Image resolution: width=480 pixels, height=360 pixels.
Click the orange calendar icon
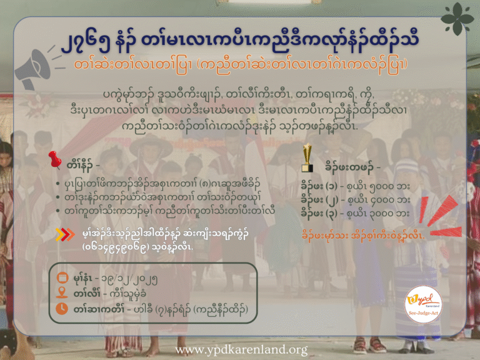(62, 277)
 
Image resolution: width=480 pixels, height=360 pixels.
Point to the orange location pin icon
(62, 292)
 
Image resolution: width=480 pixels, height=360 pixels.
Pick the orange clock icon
(62, 308)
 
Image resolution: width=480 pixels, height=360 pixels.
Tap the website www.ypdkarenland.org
(240, 349)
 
